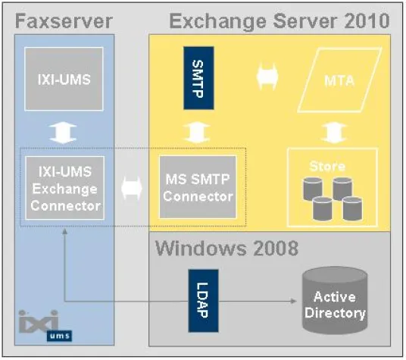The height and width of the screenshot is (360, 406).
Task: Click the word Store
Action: pyautogui.click(x=332, y=166)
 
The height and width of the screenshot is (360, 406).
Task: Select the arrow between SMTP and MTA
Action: pyautogui.click(x=267, y=77)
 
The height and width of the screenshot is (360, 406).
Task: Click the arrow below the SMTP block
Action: pyautogui.click(x=198, y=130)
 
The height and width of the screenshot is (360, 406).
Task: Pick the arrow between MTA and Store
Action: pyautogui.click(x=332, y=130)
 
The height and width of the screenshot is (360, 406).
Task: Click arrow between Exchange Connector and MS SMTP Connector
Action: pyautogui.click(x=131, y=186)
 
